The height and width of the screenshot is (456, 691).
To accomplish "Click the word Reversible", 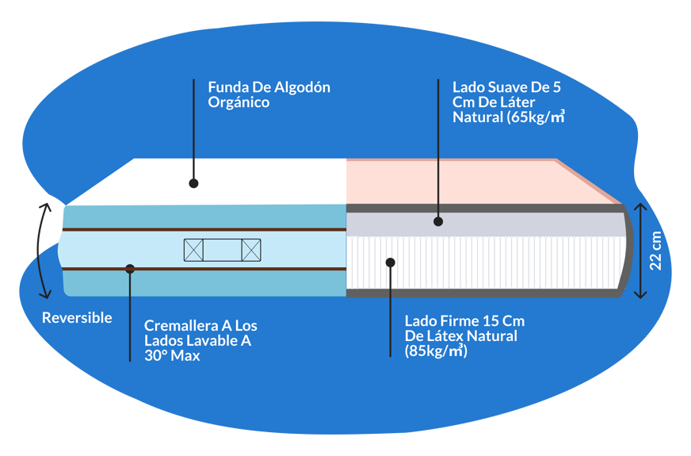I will tap(77, 318).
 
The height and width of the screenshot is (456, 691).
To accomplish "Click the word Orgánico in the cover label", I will tap(239, 102).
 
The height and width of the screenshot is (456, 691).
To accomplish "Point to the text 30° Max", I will tap(172, 356).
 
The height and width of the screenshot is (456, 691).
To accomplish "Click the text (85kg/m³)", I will tap(436, 351).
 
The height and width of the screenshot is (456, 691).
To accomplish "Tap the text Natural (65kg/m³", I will tap(508, 117).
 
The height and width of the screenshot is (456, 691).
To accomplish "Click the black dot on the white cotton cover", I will tap(193, 183).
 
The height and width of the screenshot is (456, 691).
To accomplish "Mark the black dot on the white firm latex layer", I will tap(389, 261).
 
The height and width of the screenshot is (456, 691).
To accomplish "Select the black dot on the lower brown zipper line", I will tap(130, 269).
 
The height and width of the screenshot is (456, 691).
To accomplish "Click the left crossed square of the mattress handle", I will tap(193, 251).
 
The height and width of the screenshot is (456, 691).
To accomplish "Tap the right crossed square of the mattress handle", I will tap(251, 251).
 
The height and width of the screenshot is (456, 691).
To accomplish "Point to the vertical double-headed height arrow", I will tap(640, 251).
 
